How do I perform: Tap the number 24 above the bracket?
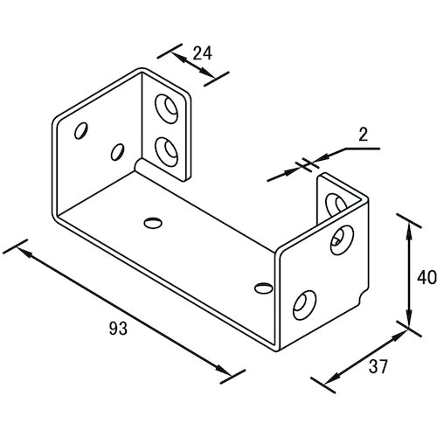click(x=203, y=52)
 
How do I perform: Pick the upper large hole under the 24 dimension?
click(x=165, y=108)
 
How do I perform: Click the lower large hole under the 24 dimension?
click(x=164, y=149)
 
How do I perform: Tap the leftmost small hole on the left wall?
click(x=81, y=132)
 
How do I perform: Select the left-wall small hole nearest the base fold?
click(x=117, y=153)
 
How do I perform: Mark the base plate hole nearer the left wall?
click(x=153, y=223)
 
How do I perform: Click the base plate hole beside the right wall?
click(x=260, y=286)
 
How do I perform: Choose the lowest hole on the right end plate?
click(x=303, y=303)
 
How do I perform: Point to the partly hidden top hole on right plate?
click(x=332, y=203)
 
